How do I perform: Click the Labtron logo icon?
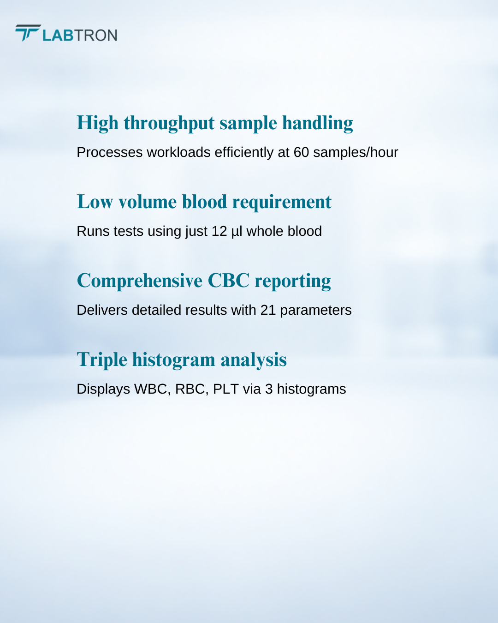tap(28, 33)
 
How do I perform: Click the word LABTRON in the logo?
tap(80, 36)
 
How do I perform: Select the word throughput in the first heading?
tap(169, 123)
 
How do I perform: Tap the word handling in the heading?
tap(317, 123)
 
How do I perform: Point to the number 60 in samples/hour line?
tap(301, 153)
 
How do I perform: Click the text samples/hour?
tap(356, 153)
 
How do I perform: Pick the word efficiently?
tap(243, 153)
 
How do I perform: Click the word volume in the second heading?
tap(148, 202)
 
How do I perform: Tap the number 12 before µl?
tap(219, 231)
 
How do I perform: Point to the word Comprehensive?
tap(139, 281)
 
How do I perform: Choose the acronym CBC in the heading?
tap(228, 281)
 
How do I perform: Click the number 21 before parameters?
tap(268, 310)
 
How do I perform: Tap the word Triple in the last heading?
tap(102, 360)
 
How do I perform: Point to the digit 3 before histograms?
tap(269, 389)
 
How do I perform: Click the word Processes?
tap(110, 153)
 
